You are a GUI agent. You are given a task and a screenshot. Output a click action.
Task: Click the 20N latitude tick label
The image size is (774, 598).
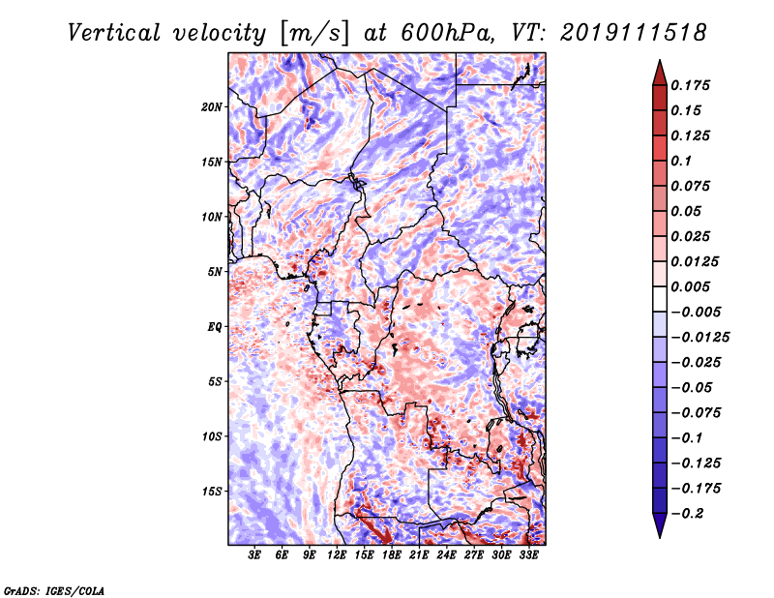click(212, 107)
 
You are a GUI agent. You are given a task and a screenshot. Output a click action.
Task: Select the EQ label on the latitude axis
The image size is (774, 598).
click(215, 327)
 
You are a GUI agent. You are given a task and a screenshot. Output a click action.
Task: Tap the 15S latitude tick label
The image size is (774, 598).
click(212, 492)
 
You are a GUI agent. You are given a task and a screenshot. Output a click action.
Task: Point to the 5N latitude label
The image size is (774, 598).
click(215, 272)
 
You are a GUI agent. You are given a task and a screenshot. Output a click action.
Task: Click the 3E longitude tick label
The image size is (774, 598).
click(254, 555)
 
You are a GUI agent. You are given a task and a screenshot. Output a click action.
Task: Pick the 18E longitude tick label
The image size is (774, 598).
click(392, 555)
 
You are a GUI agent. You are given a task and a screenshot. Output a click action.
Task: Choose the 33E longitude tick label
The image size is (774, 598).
click(528, 555)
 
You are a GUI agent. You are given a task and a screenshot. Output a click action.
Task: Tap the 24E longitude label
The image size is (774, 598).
click(446, 555)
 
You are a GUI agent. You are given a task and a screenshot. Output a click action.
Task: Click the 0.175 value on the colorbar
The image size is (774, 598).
click(690, 85)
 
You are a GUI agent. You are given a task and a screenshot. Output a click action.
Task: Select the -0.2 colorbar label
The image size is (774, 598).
click(687, 514)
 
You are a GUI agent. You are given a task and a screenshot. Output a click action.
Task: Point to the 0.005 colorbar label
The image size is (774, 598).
click(690, 286)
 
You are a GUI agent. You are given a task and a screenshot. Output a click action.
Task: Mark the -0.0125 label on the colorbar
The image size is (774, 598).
click(700, 338)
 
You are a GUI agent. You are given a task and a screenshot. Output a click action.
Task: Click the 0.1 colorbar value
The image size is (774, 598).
click(681, 161)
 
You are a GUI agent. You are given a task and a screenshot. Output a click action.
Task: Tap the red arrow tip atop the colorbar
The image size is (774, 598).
click(660, 61)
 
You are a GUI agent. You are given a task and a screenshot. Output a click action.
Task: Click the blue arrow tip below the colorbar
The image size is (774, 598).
click(660, 537)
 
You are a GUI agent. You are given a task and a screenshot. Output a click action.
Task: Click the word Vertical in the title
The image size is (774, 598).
click(114, 33)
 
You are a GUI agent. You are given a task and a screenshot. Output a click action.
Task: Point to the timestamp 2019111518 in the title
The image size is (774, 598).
click(634, 33)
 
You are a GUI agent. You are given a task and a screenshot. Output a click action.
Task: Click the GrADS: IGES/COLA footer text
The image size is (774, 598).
click(54, 590)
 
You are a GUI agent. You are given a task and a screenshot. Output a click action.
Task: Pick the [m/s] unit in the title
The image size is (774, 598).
click(314, 33)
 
